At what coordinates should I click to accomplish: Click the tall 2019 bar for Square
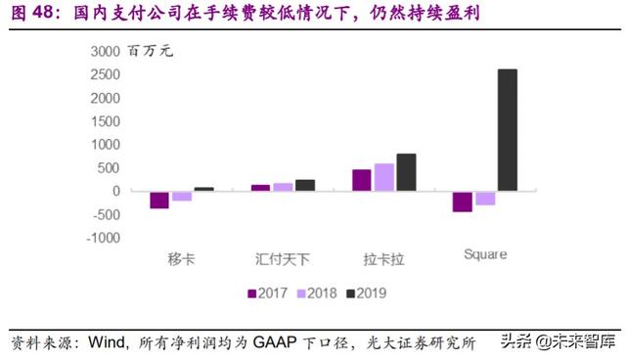pos(507,130)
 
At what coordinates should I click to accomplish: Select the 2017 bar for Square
pos(462,201)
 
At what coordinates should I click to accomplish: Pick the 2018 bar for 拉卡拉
pos(383,177)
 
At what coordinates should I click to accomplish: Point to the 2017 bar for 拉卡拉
pos(362,180)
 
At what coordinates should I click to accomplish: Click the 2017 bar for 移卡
pos(158,200)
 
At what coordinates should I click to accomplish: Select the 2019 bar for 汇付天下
pos(304,185)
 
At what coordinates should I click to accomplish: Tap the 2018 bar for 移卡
pos(181,196)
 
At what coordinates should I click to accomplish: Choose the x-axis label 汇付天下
pos(282,259)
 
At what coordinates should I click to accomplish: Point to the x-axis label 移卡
pos(181,259)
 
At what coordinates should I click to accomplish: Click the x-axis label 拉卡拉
pos(383,259)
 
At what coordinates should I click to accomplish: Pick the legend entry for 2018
pos(319,292)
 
